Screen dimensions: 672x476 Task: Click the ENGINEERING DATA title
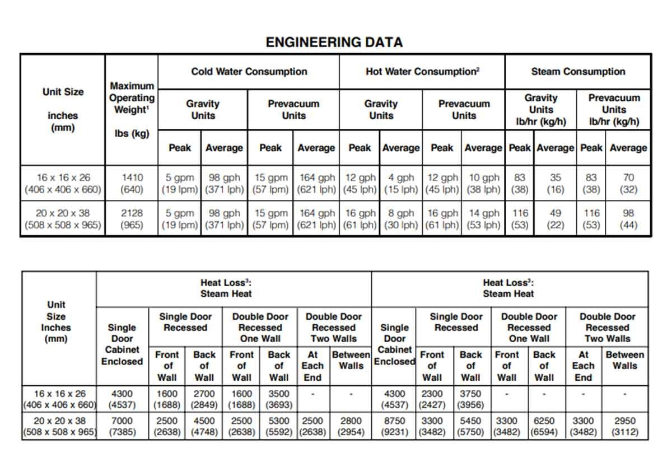pos(334,42)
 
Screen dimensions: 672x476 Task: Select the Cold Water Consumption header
pos(249,71)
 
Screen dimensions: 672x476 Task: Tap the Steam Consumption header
pos(578,71)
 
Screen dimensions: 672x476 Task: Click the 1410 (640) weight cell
pos(132,183)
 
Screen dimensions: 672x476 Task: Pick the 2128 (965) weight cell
pos(132,219)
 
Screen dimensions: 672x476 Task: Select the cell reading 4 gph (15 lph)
pos(401,183)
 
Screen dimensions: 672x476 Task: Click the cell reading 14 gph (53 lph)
pos(483,219)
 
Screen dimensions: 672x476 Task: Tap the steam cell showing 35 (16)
pos(556,183)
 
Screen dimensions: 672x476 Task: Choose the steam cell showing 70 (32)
pos(628,183)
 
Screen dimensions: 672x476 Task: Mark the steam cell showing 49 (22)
pos(556,219)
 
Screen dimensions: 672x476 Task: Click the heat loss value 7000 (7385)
pos(122,426)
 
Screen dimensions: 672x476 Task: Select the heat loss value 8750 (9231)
pos(394,426)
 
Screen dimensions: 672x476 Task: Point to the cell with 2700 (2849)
pos(204,399)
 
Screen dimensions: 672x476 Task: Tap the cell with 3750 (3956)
pos(470,399)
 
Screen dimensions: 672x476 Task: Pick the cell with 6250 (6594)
pos(544,426)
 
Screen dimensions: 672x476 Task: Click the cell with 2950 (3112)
pos(625,426)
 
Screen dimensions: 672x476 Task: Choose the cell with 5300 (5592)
pos(279,426)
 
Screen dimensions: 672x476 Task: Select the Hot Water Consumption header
pos(422,71)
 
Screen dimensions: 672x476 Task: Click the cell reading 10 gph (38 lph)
pos(483,183)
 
